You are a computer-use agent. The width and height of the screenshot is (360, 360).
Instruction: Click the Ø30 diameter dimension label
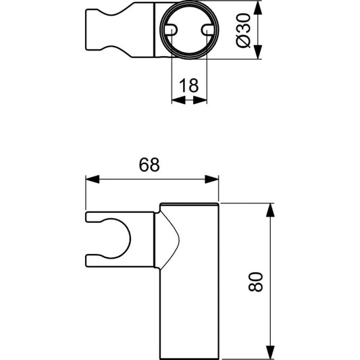point(243,30)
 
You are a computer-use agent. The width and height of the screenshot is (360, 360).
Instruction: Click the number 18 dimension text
point(189,85)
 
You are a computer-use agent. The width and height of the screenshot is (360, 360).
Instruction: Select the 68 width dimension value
point(149,165)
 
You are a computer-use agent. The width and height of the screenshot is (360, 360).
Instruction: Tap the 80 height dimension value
point(255,282)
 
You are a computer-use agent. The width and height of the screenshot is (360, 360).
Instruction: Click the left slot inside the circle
point(172,30)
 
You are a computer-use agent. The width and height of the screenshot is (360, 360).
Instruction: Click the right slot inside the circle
point(207,30)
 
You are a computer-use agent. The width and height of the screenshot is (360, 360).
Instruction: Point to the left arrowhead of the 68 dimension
point(93,179)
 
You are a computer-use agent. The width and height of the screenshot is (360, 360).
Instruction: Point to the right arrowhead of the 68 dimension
point(211,179)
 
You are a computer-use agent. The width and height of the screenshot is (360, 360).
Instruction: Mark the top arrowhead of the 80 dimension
point(271,210)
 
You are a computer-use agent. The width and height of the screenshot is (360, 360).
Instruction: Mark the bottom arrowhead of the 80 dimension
point(271,352)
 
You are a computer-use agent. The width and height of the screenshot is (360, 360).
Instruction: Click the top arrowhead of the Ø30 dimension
point(258,8)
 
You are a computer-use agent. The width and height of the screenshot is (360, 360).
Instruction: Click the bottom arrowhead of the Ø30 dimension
point(258,52)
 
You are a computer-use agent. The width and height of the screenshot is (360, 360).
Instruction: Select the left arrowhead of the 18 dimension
point(178,100)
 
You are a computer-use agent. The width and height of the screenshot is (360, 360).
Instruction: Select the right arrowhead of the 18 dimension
point(200,100)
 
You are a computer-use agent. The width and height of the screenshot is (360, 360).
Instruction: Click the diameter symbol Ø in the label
point(243,42)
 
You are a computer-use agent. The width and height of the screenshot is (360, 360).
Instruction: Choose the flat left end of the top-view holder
point(86,30)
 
